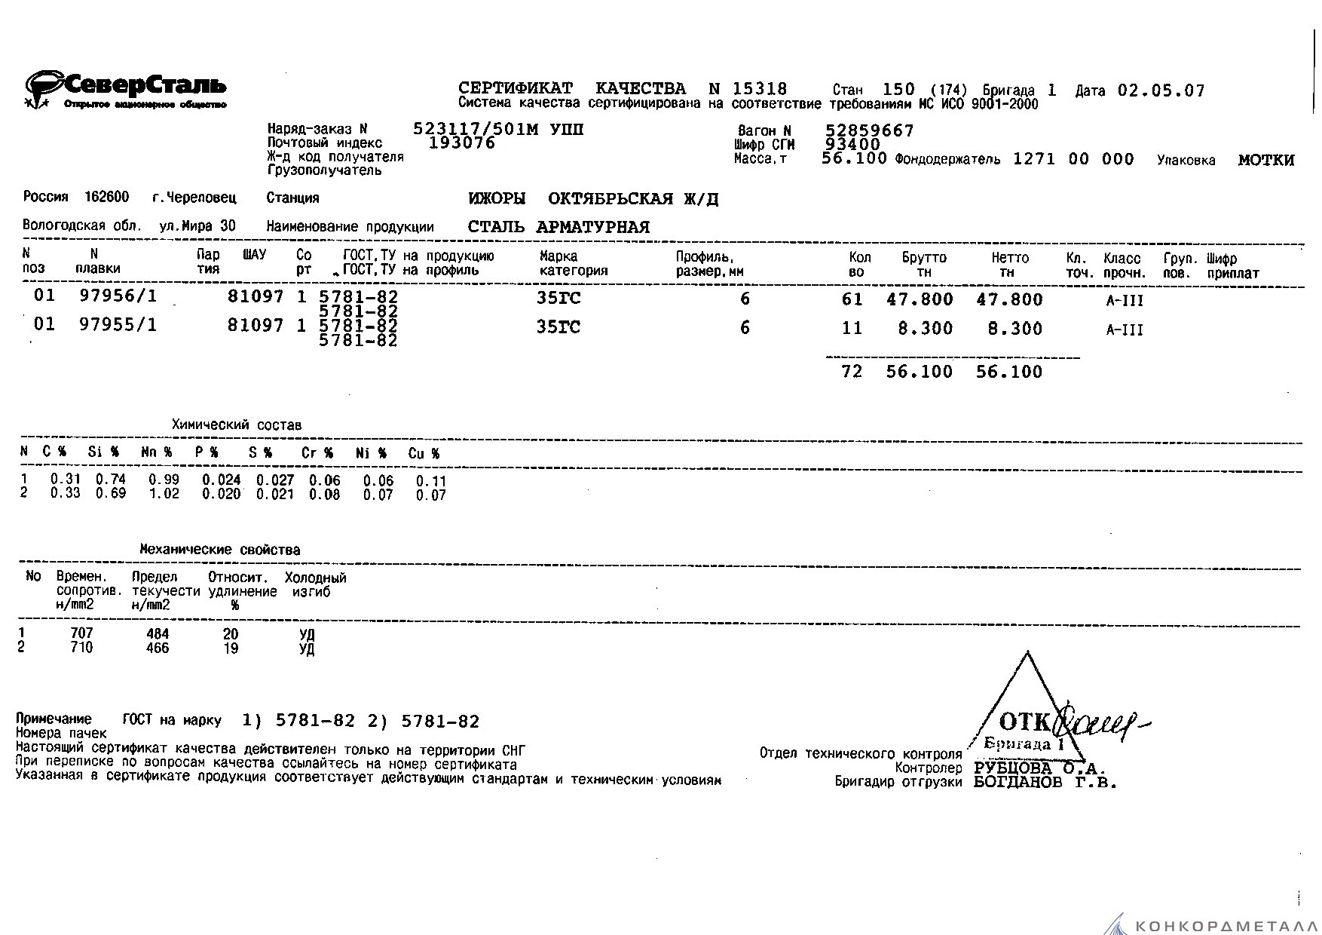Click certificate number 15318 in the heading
pos(759,89)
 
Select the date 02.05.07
pos(1161,90)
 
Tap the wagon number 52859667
pos(869,131)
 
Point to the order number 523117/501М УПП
pos(498,130)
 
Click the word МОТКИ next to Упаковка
pos(1265,160)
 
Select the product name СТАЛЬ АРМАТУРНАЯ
pos(558,227)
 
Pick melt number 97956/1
pos(118,296)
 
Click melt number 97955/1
pos(118,326)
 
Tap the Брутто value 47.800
pos(920,299)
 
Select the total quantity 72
pos(852,372)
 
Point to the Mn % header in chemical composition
pos(157,453)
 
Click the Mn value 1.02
pos(164,495)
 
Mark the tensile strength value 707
pos(81,633)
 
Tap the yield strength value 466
pos(158,648)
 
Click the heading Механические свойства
pos(219,550)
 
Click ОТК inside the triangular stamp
pos(1024,722)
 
